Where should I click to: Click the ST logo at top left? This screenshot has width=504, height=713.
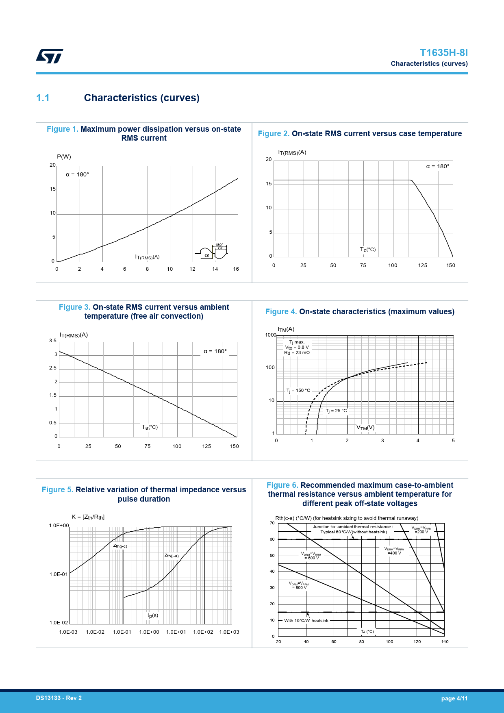[x=50, y=56]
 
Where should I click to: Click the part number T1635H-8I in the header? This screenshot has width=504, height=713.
[x=443, y=53]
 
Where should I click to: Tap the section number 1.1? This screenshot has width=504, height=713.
[x=43, y=98]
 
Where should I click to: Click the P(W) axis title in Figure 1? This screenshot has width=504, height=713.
[x=64, y=157]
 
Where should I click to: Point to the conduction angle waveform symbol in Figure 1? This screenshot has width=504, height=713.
[x=212, y=252]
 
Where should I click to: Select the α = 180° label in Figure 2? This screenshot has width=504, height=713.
[x=437, y=166]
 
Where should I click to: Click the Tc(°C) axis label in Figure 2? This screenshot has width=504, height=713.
[x=367, y=250]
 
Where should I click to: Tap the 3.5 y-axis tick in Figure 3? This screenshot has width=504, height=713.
[x=53, y=341]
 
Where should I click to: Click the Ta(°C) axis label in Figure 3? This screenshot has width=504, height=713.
[x=150, y=427]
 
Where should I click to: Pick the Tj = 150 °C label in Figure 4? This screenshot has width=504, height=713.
[x=298, y=391]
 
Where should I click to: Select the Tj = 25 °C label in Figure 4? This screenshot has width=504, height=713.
[x=336, y=411]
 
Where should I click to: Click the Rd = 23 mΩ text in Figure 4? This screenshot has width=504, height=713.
[x=297, y=353]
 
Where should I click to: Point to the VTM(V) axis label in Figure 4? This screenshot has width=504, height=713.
[x=365, y=428]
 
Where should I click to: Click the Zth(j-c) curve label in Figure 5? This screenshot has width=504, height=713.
[x=120, y=546]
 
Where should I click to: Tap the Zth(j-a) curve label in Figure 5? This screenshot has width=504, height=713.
[x=171, y=556]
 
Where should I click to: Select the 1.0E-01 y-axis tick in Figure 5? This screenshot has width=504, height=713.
[x=59, y=574]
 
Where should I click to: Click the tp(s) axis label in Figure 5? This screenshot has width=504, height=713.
[x=153, y=615]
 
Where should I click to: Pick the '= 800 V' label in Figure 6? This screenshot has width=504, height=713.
[x=299, y=588]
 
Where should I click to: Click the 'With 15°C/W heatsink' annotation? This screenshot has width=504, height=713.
[x=306, y=621]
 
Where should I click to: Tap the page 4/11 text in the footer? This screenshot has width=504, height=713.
[x=454, y=698]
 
